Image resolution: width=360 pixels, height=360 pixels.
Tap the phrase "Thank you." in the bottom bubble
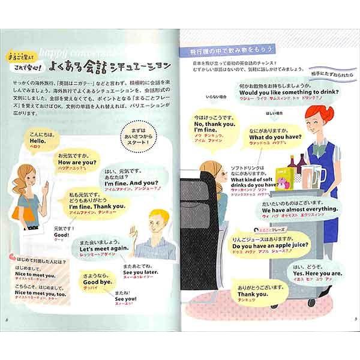[252, 294]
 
